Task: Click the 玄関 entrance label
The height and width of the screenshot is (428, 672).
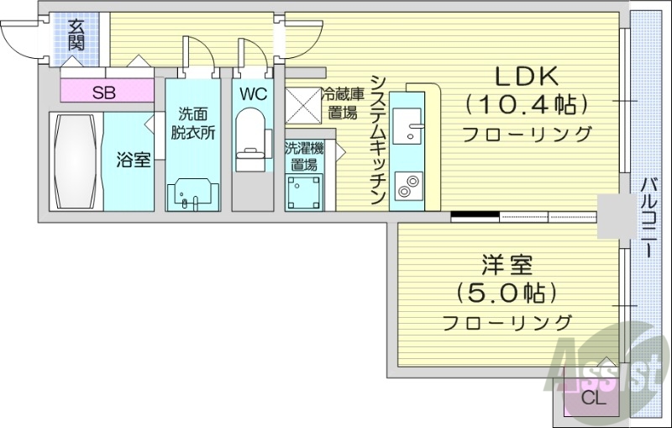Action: coord(76,34)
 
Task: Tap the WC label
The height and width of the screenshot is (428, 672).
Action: coord(252,93)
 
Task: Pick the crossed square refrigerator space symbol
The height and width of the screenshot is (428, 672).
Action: coord(302,105)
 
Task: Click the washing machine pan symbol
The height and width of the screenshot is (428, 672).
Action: coord(302,191)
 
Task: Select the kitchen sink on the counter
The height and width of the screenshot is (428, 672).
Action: coord(412,126)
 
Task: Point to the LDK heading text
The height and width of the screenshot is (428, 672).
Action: coord(526,77)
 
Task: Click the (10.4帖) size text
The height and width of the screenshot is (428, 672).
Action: coord(526,104)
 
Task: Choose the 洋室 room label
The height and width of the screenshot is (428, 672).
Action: coord(507,267)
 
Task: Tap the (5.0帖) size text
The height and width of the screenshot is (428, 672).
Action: coord(507,293)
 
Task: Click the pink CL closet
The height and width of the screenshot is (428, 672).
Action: coord(592,399)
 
